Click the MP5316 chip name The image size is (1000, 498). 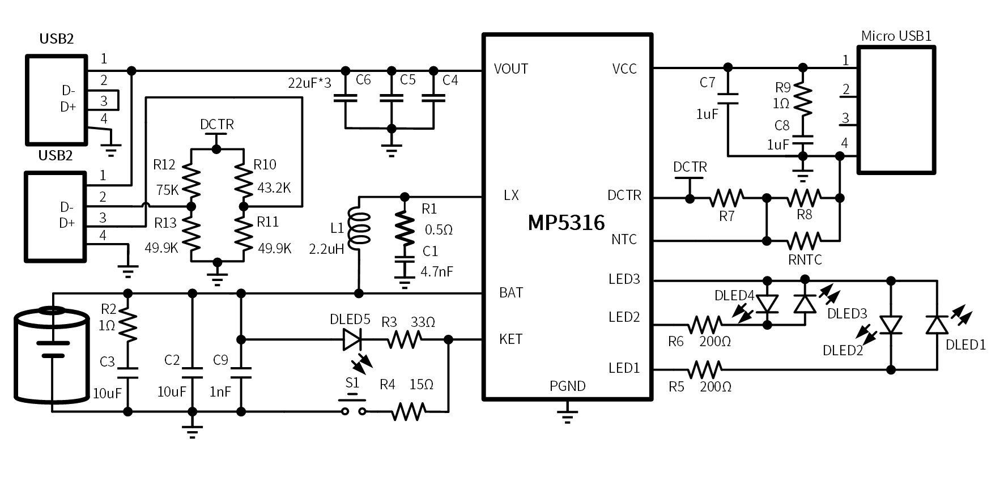pos(567,223)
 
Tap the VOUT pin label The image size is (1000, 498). pos(511,69)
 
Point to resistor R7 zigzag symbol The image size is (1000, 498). pos(727,198)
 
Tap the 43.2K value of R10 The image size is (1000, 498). pos(274,188)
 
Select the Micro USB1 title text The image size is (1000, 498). pos(896,36)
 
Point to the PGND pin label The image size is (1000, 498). pos(567,386)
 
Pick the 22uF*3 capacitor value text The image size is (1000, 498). pos(309,83)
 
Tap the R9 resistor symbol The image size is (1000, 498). pos(802,97)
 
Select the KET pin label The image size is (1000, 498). pos(510,339)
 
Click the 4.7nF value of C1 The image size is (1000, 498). pos(437,271)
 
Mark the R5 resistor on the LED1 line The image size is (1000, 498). pos(705,370)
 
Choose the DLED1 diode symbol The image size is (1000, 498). pos(937,325)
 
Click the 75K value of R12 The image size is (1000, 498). pos(168,190)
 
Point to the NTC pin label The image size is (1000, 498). pos(624,240)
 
